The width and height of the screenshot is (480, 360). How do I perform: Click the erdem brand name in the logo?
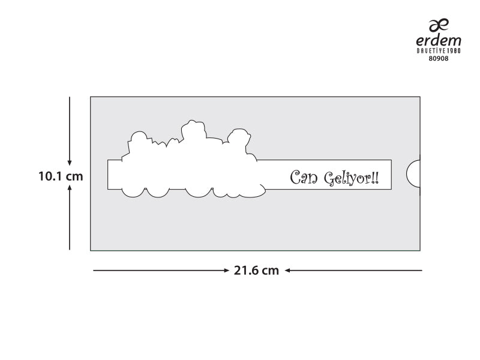click(439, 41)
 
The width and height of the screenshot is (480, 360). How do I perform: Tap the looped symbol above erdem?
click(439, 25)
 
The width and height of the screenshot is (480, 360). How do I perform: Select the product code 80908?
click(439, 58)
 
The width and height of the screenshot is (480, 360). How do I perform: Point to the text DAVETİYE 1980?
click(439, 50)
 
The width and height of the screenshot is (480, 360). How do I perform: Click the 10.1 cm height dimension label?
click(61, 176)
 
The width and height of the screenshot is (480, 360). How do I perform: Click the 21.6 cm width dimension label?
click(256, 271)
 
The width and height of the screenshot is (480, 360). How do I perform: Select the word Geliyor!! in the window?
click(352, 178)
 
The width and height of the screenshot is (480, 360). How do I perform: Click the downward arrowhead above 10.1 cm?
click(70, 163)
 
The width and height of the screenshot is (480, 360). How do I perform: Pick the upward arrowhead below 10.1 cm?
click(70, 188)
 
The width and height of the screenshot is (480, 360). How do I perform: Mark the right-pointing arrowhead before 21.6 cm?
click(226, 271)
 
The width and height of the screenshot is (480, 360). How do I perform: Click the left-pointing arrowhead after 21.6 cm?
click(288, 271)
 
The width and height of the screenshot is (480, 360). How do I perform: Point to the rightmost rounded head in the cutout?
click(239, 136)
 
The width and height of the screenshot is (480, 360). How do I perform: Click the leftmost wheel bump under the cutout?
click(133, 192)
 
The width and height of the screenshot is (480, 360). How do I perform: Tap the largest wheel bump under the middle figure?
click(199, 193)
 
